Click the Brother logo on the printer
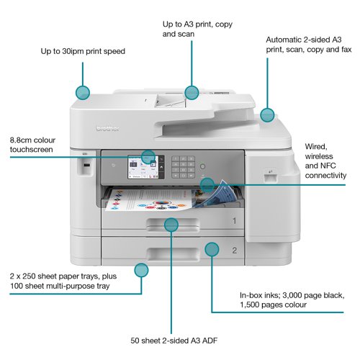coord(107,128)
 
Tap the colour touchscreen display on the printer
coord(143,167)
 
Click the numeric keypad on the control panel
coord(183,167)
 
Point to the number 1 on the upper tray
coord(234,220)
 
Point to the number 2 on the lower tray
coord(235,251)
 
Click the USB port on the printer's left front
coord(87,165)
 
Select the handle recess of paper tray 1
coord(173,223)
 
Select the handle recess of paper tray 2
coord(174,254)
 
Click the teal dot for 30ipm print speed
coord(83,93)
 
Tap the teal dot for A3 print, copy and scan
coord(192,92)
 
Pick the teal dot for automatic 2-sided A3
coord(267,114)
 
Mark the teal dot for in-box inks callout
coord(212,249)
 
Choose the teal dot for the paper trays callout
coord(141,270)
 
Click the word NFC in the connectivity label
coord(328,166)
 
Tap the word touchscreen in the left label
coord(31,150)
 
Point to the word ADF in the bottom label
coord(210,341)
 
